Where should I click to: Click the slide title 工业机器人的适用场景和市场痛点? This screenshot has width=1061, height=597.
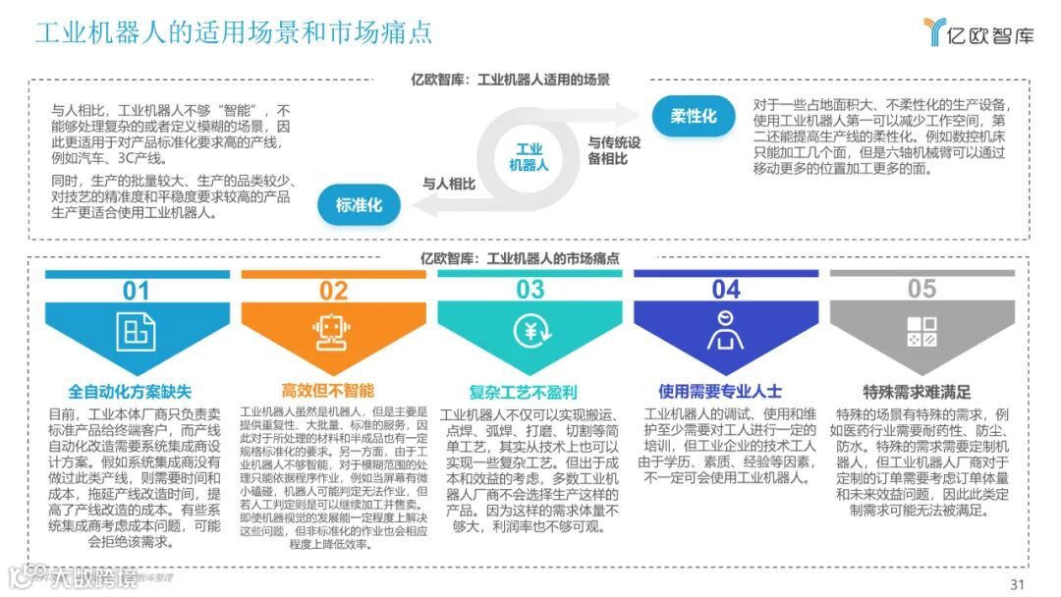(234, 31)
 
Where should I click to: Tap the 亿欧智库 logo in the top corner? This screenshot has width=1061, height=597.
(978, 33)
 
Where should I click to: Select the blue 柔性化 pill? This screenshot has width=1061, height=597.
(694, 116)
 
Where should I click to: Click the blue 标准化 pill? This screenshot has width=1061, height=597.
(359, 205)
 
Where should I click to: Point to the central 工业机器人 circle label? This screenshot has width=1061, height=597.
(529, 157)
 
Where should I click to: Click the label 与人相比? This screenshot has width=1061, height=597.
(449, 184)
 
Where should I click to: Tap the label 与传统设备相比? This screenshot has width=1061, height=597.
(614, 150)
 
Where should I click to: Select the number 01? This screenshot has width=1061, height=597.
(136, 290)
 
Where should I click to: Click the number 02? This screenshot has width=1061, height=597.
(333, 290)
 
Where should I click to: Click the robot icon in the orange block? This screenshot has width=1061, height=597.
(333, 331)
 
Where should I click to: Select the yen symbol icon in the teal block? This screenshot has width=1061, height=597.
(530, 331)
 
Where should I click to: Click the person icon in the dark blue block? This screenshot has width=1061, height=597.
(725, 331)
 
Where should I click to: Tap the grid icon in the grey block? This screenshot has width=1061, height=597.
(921, 331)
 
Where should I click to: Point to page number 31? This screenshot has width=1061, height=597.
(1017, 584)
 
